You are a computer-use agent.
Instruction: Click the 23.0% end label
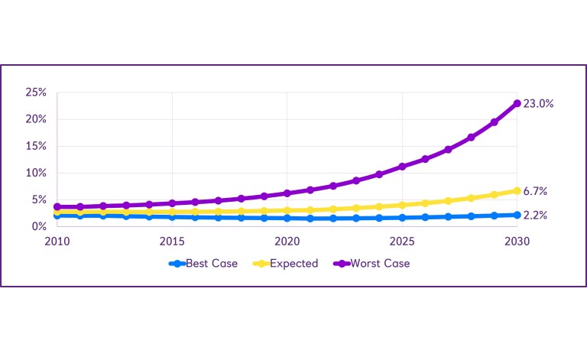coord(538,103)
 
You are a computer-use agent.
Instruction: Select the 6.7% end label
coord(535,191)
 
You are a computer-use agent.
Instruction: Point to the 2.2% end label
coord(535,216)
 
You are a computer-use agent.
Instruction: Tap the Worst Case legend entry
coord(380,264)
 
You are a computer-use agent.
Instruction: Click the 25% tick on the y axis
coord(36,92)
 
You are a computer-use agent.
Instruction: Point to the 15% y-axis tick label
coord(36,146)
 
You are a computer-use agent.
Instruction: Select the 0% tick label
coord(39,226)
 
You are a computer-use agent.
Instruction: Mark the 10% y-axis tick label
coord(36,173)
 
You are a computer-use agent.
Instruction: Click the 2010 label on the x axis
coord(57,242)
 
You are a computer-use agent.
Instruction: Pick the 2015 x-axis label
coord(172,242)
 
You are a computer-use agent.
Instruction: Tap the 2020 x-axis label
coord(287,242)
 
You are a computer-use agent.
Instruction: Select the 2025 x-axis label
coord(402,242)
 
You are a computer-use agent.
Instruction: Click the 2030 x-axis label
coord(517,242)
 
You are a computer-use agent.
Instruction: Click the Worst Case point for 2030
coord(517,103)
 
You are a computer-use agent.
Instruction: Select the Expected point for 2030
coord(517,190)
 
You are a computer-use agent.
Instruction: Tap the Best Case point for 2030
coord(517,215)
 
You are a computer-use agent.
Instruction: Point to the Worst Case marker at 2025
coord(402,166)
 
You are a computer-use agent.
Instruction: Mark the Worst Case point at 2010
coord(57,206)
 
